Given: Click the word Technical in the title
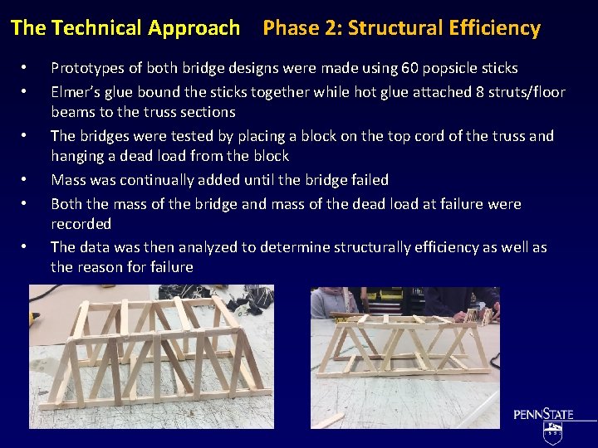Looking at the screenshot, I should pos(98,28).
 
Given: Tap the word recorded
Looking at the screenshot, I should pos(81,224).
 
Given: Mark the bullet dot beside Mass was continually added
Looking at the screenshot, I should pos(26,180).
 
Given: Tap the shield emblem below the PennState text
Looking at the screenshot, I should pos(552,432).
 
